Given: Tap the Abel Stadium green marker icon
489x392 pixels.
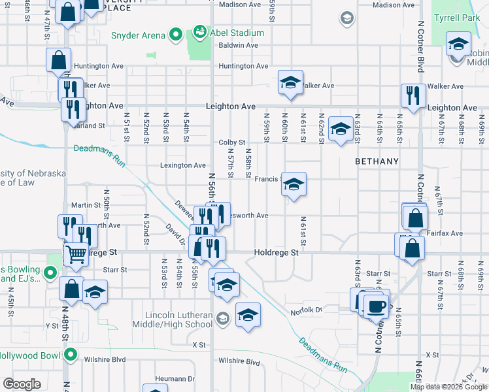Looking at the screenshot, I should [200, 32].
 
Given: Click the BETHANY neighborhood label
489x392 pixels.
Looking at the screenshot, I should [377, 160].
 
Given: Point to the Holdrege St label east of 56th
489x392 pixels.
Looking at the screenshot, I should [276, 252].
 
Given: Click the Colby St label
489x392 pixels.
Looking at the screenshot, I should [231, 142].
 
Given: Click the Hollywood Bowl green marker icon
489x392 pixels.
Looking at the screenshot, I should [70, 356].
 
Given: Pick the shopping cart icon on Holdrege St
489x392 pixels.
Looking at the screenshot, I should [76, 253].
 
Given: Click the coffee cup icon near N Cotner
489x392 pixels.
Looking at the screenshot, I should [376, 306].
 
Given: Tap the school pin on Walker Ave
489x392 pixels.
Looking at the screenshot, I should [290, 82].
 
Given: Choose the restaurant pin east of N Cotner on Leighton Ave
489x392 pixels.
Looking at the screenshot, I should [413, 95].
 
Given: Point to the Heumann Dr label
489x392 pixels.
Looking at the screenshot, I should [175, 378].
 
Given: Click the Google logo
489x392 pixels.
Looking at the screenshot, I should [22, 384].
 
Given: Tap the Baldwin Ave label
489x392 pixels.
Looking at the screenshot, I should [239, 45].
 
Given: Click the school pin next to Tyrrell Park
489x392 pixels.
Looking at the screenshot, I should [458, 45].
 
